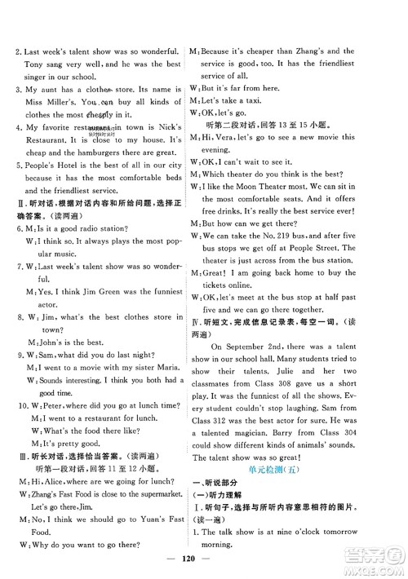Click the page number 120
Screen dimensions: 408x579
click(x=203, y=562)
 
